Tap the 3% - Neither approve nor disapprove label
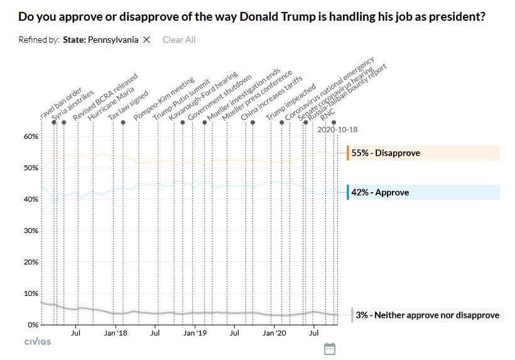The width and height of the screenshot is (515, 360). [x=428, y=315]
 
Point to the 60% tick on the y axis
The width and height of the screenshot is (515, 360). [x=31, y=136]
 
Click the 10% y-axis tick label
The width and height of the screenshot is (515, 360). [x=31, y=293]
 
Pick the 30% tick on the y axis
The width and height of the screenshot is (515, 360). [x=31, y=231]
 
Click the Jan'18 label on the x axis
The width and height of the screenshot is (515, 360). [x=116, y=334]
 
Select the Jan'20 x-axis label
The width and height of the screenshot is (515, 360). [x=274, y=334]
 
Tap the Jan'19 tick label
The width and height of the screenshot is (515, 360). [x=195, y=334]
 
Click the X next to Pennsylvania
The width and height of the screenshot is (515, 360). [x=146, y=40]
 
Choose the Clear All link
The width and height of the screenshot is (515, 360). [x=179, y=40]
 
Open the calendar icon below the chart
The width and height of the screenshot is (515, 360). [x=330, y=349]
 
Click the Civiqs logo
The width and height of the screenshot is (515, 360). [x=37, y=341]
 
